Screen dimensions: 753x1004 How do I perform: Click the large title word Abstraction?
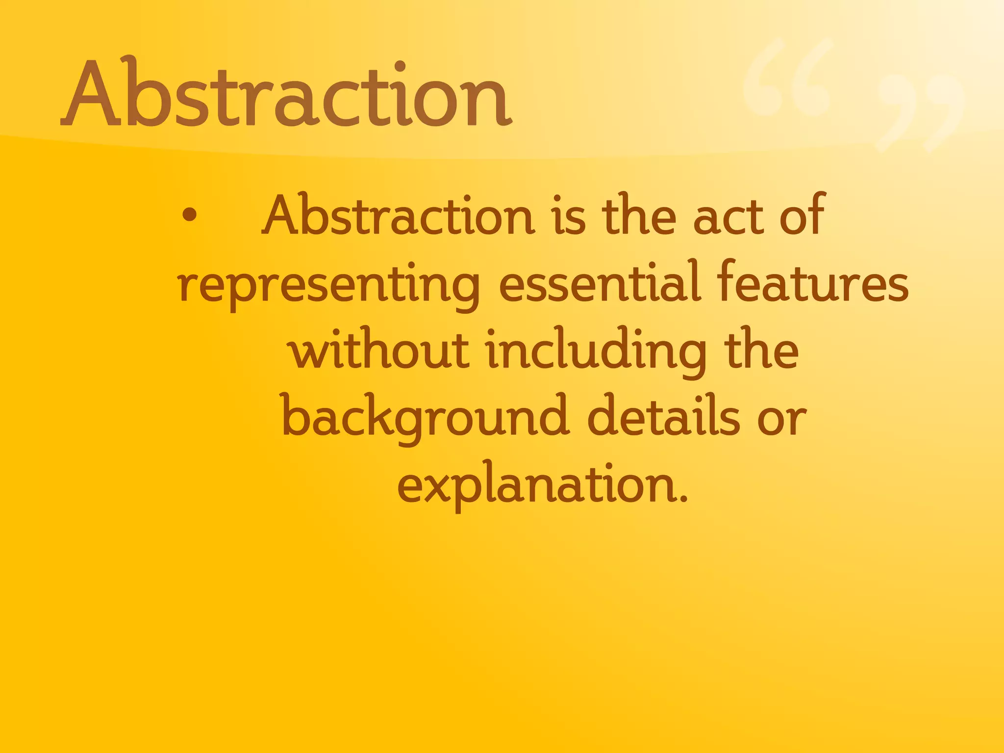coord(287,93)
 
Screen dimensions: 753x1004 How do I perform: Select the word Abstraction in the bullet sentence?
coord(399,216)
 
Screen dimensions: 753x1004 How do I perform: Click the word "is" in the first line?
coord(570,216)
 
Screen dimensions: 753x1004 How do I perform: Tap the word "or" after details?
coord(782,420)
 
